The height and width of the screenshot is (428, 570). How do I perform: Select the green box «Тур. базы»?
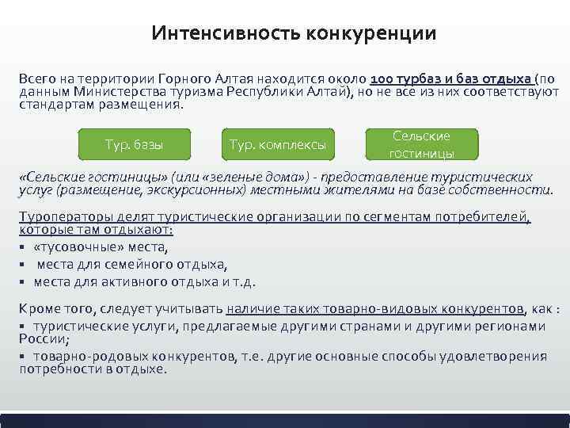[x=134, y=145]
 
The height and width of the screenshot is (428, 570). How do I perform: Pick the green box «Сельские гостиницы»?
[x=422, y=144]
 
